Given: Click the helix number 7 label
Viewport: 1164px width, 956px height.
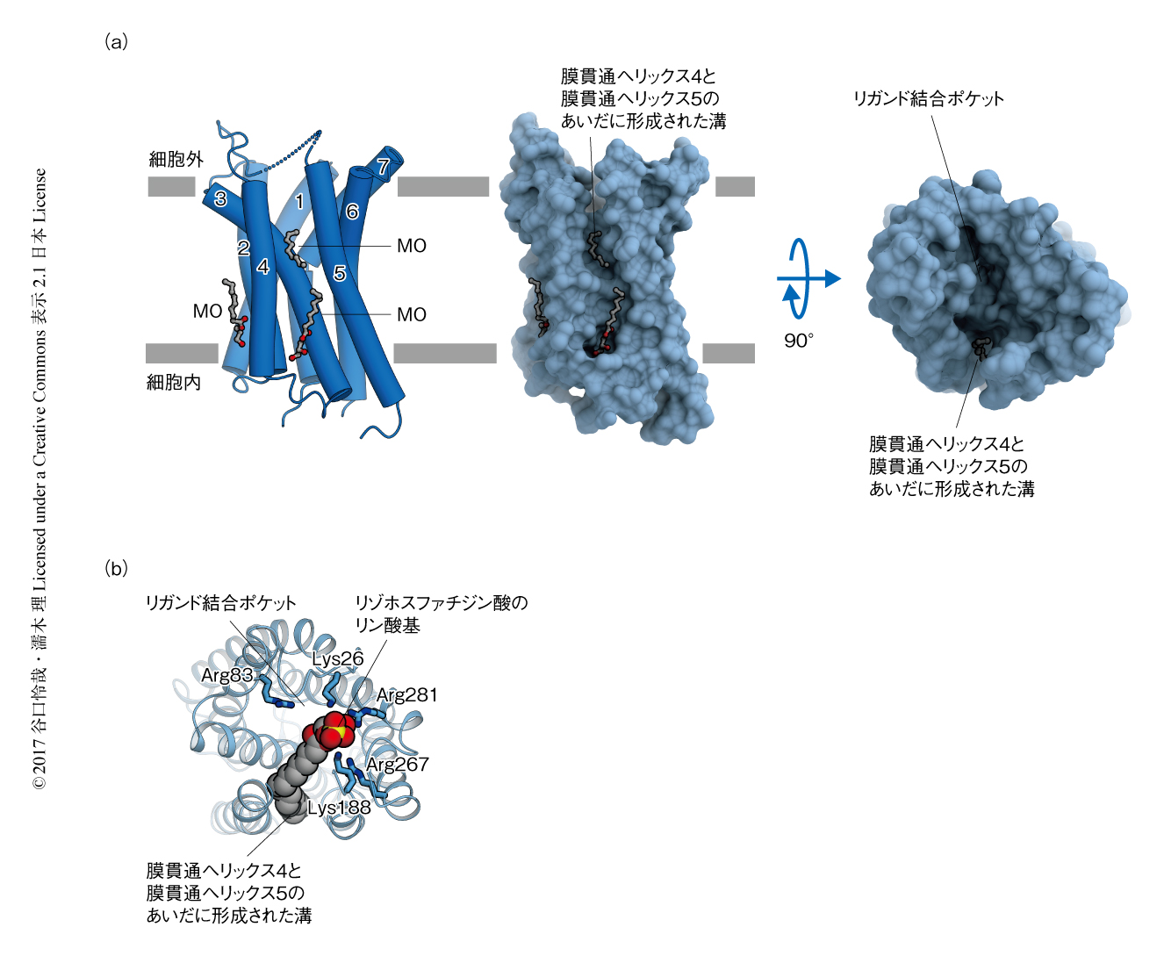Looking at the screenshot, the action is pyautogui.click(x=383, y=166).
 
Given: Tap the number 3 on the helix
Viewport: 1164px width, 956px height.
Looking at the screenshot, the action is pyautogui.click(x=220, y=198).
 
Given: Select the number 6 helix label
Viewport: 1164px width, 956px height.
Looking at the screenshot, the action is pyautogui.click(x=352, y=212).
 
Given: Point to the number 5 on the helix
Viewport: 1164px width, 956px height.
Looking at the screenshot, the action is pyautogui.click(x=340, y=273).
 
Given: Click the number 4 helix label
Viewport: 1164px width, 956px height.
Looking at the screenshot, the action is pyautogui.click(x=263, y=267).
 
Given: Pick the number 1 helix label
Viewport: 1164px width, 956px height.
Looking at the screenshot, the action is pyautogui.click(x=299, y=202).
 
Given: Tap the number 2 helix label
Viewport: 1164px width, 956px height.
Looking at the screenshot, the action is pyautogui.click(x=243, y=248).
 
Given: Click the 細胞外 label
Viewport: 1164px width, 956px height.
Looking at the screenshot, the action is pyautogui.click(x=176, y=160).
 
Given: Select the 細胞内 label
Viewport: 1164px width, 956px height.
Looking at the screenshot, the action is pyautogui.click(x=173, y=382).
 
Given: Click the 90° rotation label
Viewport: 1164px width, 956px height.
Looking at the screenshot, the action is pyautogui.click(x=799, y=341).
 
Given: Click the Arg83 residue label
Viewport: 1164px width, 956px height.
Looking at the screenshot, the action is pyautogui.click(x=226, y=674).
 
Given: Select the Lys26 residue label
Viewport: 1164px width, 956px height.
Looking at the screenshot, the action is pyautogui.click(x=337, y=658).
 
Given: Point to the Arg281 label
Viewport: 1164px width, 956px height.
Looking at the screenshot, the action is pyautogui.click(x=406, y=694).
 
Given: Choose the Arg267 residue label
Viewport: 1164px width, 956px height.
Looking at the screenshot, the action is pyautogui.click(x=398, y=764).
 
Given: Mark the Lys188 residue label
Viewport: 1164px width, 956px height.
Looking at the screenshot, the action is pyautogui.click(x=339, y=808).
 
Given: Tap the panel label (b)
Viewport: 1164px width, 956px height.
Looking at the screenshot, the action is pyautogui.click(x=116, y=568).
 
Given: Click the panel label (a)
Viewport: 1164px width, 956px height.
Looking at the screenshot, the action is pyautogui.click(x=116, y=41).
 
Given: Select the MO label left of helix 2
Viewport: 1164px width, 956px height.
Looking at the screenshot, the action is pyautogui.click(x=207, y=312).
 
